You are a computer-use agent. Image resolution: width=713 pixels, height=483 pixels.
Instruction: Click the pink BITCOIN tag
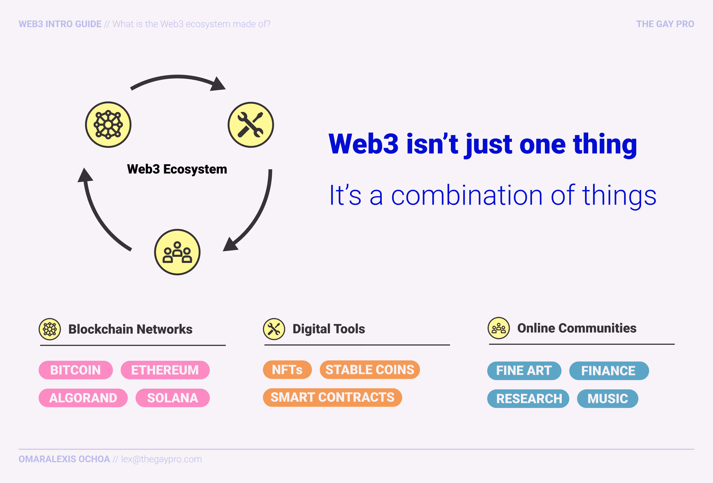pos(76,370)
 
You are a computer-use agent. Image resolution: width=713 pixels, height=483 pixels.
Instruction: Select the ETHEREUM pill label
pos(165,370)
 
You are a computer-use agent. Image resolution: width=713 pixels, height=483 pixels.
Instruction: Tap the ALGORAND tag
pos(83,398)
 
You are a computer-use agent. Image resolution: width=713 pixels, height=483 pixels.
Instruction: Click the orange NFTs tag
pos(287,370)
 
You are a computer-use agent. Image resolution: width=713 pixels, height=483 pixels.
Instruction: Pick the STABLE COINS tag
pos(370,370)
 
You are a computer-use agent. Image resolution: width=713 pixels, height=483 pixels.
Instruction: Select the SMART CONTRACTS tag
pos(332,397)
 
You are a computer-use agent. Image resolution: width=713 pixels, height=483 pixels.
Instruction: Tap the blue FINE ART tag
pos(524,371)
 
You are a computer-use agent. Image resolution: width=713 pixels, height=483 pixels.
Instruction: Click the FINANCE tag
pos(609,371)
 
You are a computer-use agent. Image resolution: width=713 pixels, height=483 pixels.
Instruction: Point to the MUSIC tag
pos(608,399)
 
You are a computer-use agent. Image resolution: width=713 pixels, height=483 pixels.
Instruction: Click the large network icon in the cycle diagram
pos(108,125)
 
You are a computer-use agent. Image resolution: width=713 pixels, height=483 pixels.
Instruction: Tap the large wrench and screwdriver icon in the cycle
pos(251,125)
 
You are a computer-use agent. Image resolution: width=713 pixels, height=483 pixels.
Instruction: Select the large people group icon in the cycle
pos(177,252)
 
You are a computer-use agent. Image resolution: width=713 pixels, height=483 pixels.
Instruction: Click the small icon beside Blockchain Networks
pos(50,329)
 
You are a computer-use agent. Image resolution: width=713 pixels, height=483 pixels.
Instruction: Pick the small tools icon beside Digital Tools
pos(274,329)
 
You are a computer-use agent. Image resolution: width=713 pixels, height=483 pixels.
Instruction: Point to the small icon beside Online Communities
pos(499,328)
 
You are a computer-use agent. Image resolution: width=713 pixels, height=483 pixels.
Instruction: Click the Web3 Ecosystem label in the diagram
pos(177,169)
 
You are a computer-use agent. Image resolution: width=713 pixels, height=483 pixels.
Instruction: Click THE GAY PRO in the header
pos(665,24)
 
